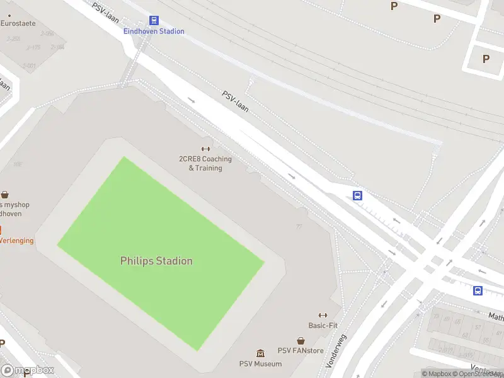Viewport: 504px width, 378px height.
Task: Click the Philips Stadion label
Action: [x=156, y=261]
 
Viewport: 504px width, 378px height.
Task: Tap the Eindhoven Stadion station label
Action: [x=154, y=31]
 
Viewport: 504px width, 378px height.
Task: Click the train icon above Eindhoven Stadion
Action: [x=154, y=21]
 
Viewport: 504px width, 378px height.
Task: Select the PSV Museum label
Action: [x=260, y=364]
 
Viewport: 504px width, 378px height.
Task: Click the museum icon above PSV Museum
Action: [x=260, y=353]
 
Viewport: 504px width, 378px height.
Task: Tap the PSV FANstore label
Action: [x=301, y=351]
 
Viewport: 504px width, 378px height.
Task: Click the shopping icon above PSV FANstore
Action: [x=301, y=341]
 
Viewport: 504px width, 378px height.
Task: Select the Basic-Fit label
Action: [x=323, y=326]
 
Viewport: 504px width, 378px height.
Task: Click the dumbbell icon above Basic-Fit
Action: [x=323, y=316]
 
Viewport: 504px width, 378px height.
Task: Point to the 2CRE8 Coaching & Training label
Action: [x=205, y=163]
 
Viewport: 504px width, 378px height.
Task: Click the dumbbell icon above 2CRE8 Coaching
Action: [x=205, y=149]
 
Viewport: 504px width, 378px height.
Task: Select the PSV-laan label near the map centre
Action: [x=235, y=101]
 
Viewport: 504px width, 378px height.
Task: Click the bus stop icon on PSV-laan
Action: [x=357, y=196]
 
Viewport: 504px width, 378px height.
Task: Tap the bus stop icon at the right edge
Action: [x=478, y=290]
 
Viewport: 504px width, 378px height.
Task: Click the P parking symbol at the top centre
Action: [x=394, y=6]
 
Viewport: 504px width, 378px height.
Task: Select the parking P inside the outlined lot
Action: [x=486, y=59]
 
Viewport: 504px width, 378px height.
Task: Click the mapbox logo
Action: [x=27, y=370]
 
